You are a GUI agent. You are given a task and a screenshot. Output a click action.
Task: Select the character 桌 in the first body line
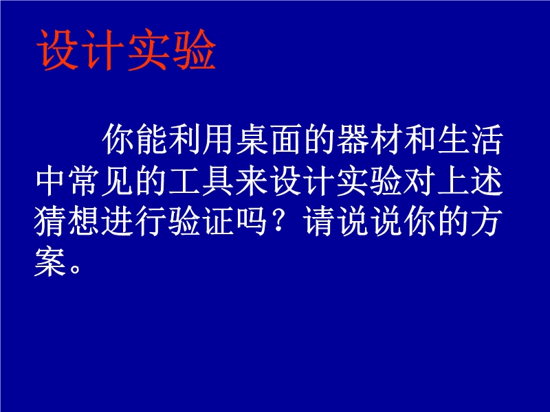click(x=252, y=139)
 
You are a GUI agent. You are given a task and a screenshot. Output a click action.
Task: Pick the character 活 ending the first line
click(x=487, y=139)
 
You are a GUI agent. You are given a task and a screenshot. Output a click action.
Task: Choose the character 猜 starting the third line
click(x=50, y=221)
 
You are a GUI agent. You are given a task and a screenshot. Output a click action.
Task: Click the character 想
click(x=84, y=221)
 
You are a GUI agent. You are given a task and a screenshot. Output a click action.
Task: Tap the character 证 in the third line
click(x=219, y=221)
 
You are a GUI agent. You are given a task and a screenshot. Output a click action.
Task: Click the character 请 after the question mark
click(x=319, y=221)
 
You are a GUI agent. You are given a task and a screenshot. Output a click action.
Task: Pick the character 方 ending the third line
click(x=487, y=221)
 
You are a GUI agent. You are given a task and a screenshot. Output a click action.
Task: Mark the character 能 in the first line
click(x=151, y=139)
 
